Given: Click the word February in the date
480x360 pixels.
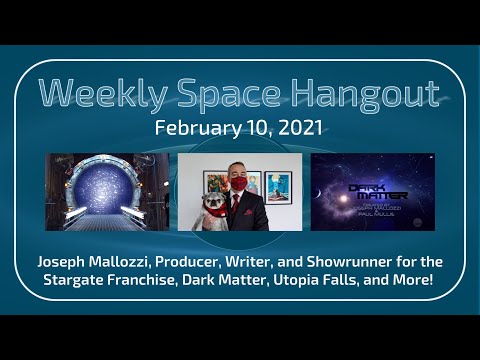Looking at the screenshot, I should click(x=198, y=130).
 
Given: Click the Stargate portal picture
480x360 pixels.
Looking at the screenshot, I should click(x=108, y=192).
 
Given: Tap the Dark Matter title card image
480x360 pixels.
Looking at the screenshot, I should click(x=372, y=192).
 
